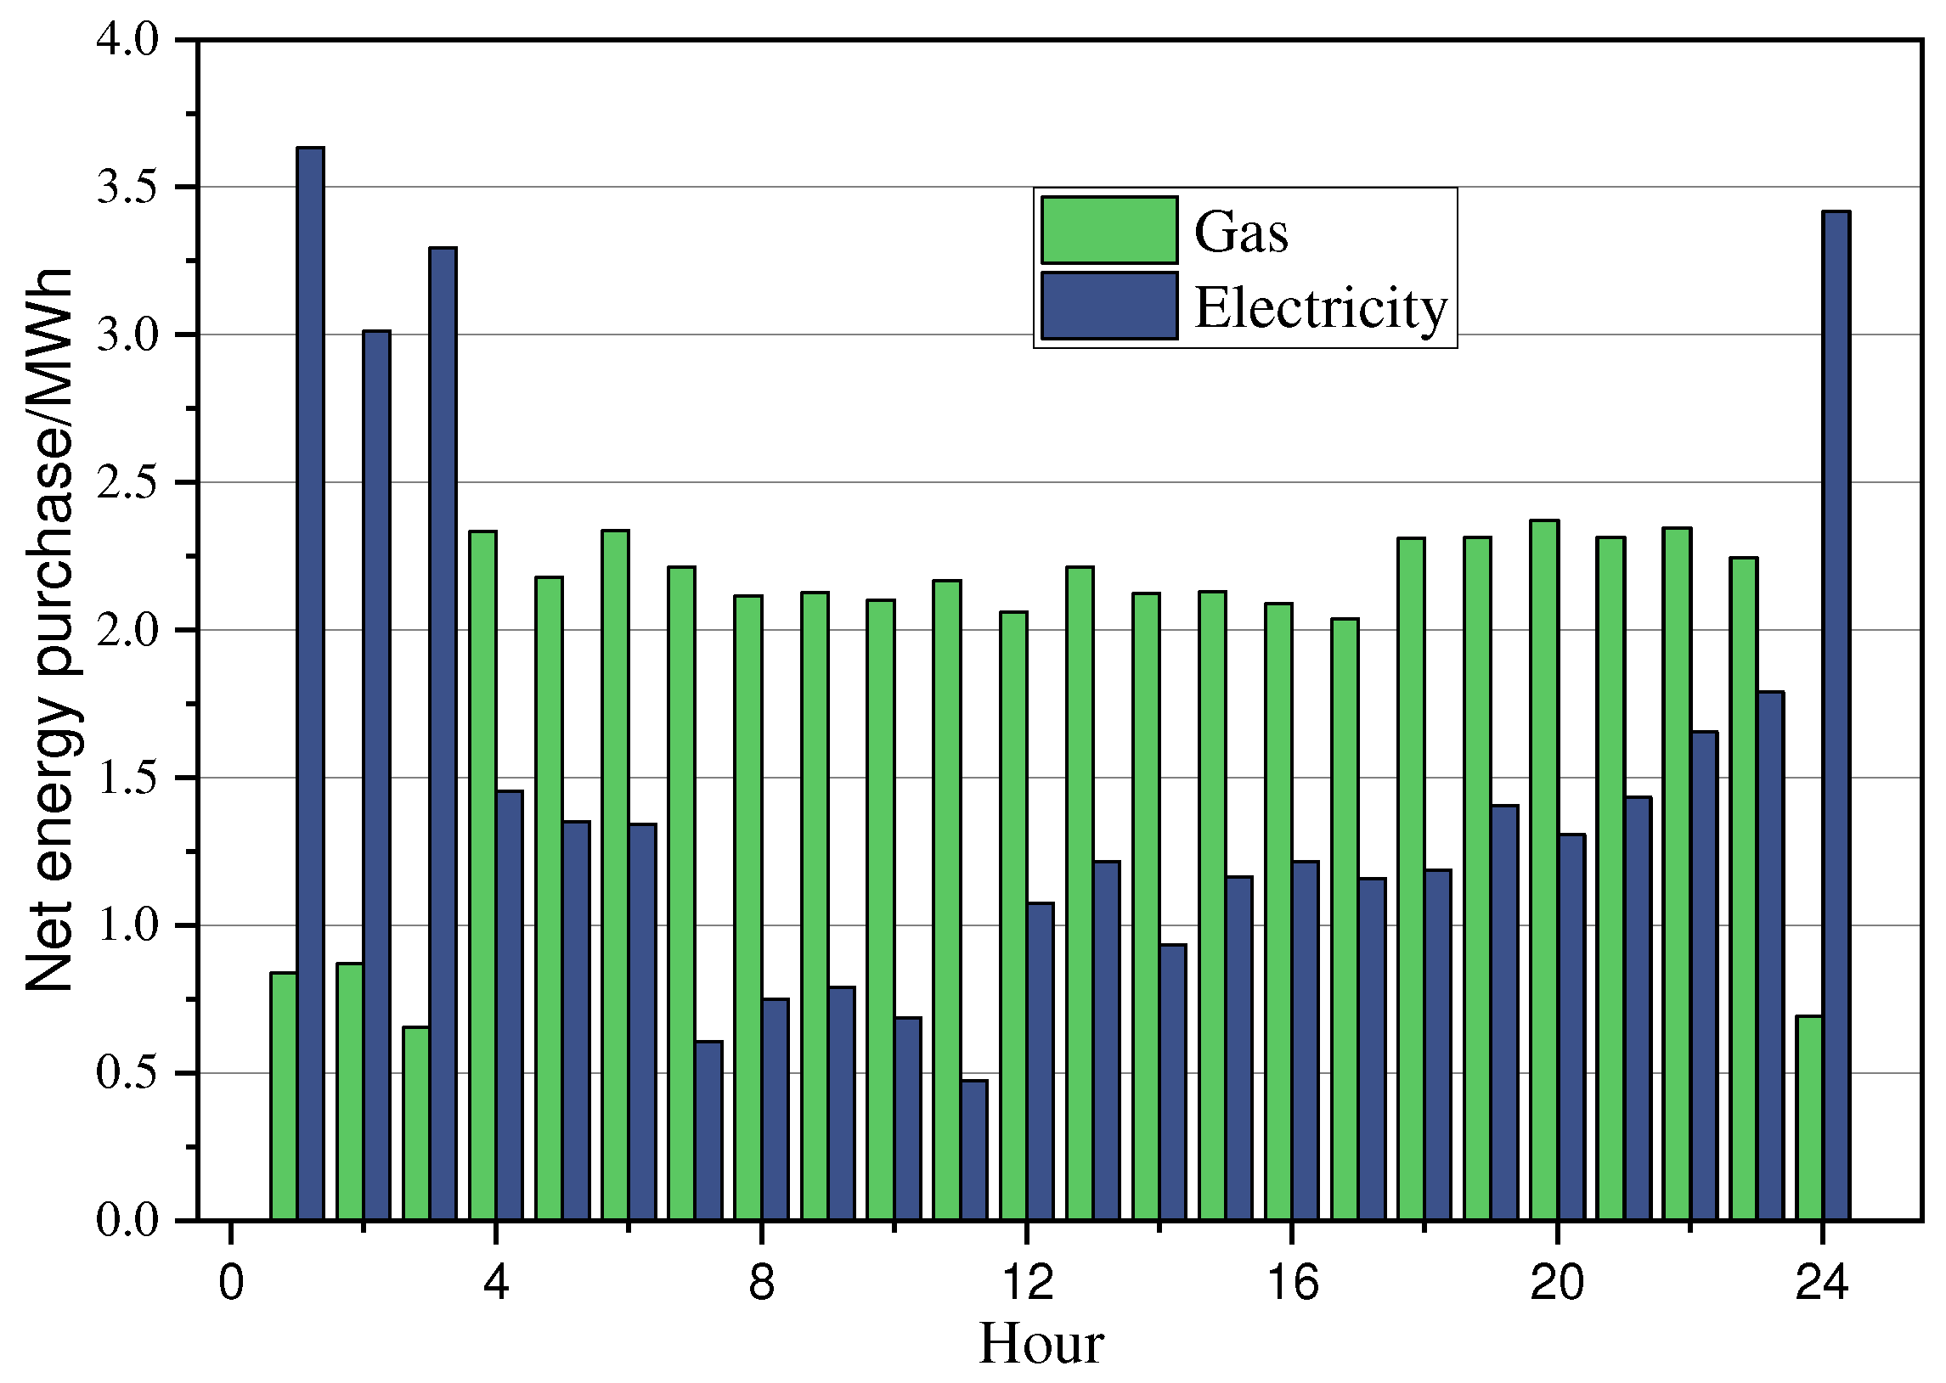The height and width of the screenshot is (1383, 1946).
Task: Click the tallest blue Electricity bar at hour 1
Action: pyautogui.click(x=310, y=681)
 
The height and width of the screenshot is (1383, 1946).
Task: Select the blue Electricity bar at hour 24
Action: pyautogui.click(x=1836, y=716)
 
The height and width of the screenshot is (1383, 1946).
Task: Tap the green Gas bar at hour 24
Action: pyautogui.click(x=1809, y=1117)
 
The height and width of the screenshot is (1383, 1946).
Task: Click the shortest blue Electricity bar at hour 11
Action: pyautogui.click(x=974, y=1150)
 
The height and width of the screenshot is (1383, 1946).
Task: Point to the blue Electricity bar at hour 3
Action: pyautogui.click(x=443, y=733)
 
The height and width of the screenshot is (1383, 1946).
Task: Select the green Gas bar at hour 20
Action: pyautogui.click(x=1545, y=869)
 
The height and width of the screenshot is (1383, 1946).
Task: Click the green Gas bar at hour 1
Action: pyautogui.click(x=284, y=1096)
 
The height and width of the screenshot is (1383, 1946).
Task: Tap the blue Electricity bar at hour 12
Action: pyautogui.click(x=1041, y=1061)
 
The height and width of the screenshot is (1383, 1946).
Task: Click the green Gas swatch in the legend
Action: pyautogui.click(x=1108, y=230)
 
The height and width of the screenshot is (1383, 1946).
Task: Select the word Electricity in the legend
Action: pyautogui.click(x=1321, y=307)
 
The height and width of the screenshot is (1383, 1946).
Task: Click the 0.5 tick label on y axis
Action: pyautogui.click(x=127, y=1074)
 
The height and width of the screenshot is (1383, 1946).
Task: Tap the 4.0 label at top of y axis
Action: pyautogui.click(x=127, y=40)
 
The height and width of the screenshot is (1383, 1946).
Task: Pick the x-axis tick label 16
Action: pyautogui.click(x=1293, y=1283)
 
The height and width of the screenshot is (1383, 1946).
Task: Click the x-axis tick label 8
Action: pyautogui.click(x=761, y=1283)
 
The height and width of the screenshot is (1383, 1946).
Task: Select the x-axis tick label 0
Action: pyautogui.click(x=231, y=1283)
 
